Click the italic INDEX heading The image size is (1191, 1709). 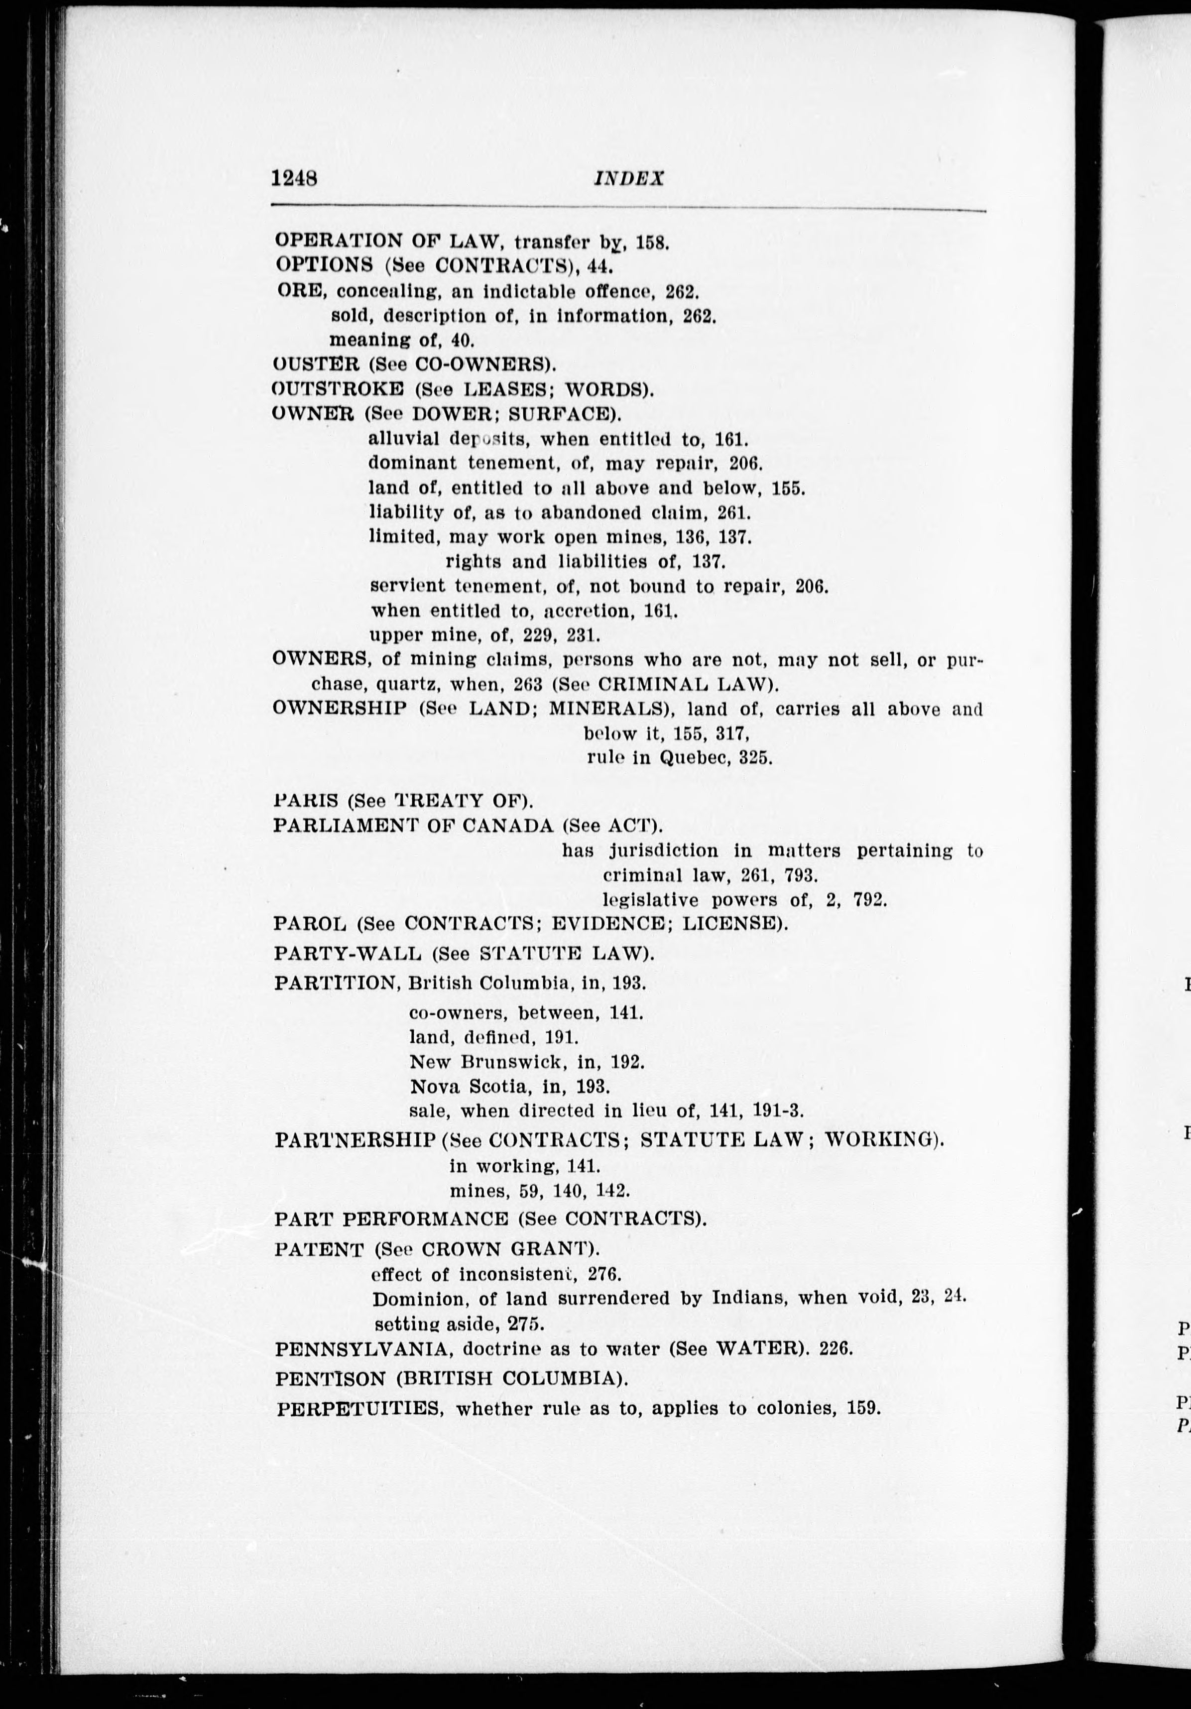click(x=628, y=179)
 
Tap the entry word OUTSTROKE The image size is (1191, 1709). click(x=337, y=389)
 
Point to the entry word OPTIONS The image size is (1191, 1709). click(x=324, y=264)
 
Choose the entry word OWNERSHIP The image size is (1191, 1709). click(x=340, y=708)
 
